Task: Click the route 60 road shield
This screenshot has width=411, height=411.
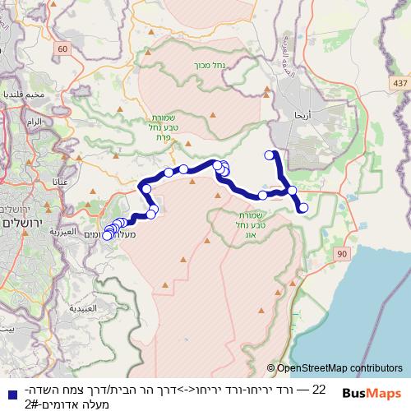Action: (x=64, y=51)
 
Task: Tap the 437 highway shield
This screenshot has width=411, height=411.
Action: (x=399, y=84)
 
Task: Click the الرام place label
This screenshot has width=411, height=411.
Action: (x=34, y=122)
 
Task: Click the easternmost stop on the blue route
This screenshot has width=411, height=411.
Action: (x=302, y=208)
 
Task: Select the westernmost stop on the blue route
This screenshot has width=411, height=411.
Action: (x=107, y=236)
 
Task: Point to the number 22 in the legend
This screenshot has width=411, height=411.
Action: (x=319, y=389)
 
